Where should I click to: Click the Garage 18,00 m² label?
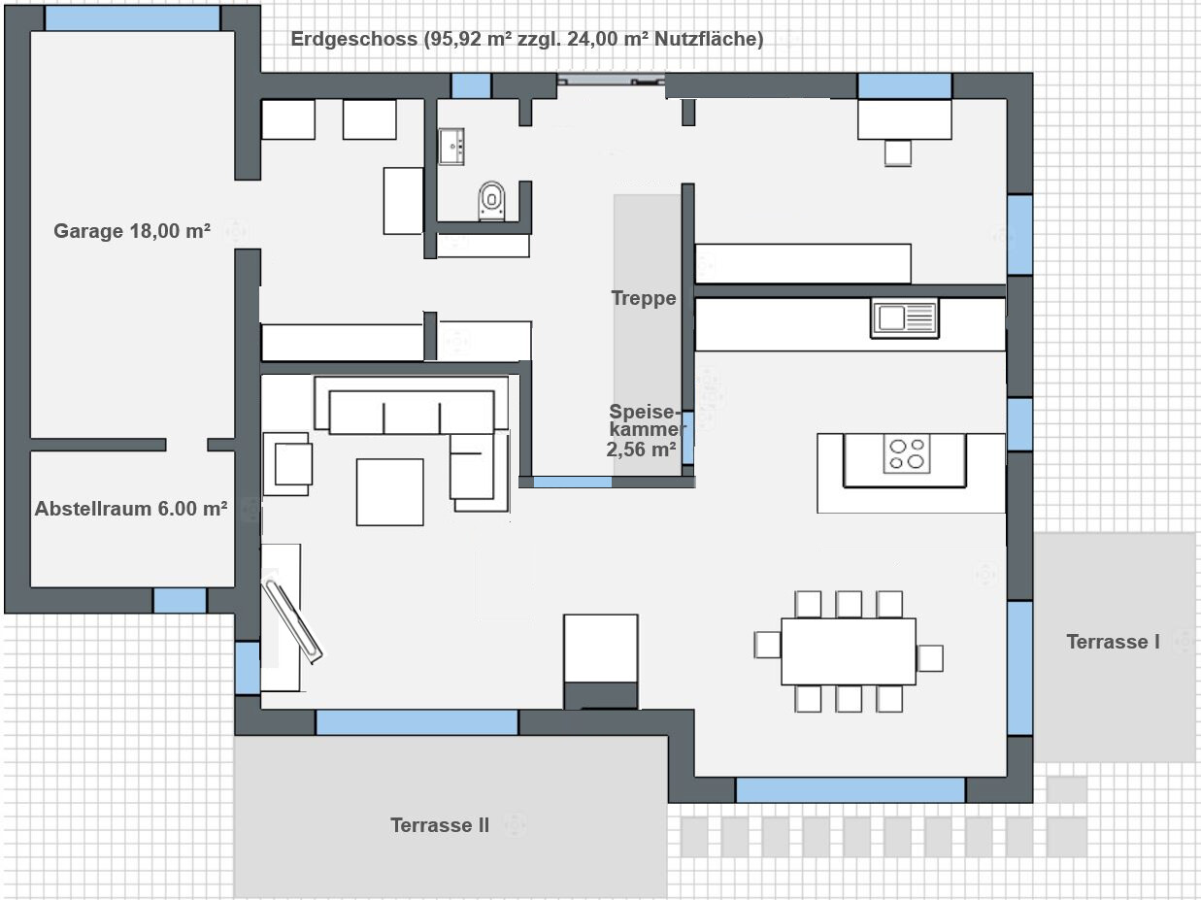click(x=132, y=231)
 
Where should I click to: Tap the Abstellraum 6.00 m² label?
click(x=131, y=509)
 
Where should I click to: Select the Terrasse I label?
click(x=1113, y=641)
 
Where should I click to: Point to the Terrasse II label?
click(x=440, y=824)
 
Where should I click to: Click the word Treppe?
click(x=644, y=298)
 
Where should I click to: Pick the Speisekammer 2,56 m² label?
click(x=645, y=430)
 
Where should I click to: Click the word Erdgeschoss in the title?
click(x=354, y=39)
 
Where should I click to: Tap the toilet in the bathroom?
click(x=491, y=201)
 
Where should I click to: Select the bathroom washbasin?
click(x=451, y=147)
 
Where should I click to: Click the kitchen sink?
click(x=905, y=317)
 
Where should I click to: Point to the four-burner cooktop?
click(x=907, y=454)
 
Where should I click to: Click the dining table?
click(x=849, y=651)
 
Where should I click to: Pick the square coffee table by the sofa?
click(x=389, y=492)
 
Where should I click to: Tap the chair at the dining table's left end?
click(x=767, y=645)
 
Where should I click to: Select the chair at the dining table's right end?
click(x=929, y=658)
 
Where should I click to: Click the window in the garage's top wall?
click(x=132, y=18)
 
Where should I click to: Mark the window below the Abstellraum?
click(x=180, y=600)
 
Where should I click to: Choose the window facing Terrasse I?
click(x=1019, y=668)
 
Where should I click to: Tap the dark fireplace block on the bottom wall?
click(x=601, y=695)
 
